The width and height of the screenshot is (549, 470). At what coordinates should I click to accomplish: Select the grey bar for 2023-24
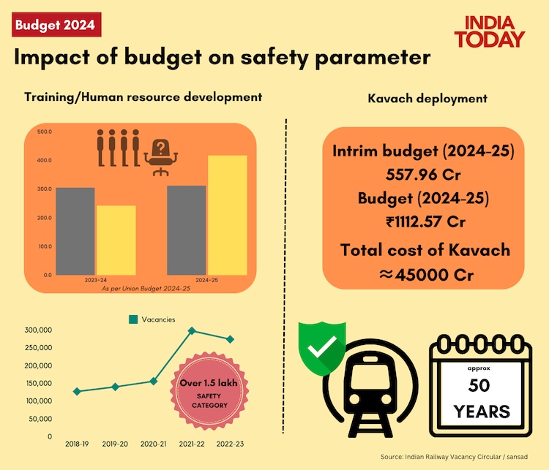pyautogui.click(x=75, y=230)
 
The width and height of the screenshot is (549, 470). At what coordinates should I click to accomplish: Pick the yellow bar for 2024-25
pyautogui.click(x=228, y=215)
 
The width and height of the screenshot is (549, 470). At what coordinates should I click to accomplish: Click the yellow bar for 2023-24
pyautogui.click(x=116, y=240)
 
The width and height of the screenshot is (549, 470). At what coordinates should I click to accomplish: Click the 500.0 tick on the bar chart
pyautogui.click(x=44, y=132)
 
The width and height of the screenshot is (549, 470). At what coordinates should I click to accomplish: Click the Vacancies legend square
pyautogui.click(x=133, y=319)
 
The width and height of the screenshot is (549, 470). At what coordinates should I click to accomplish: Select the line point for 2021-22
pyautogui.click(x=192, y=330)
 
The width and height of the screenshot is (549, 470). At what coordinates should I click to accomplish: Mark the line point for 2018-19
pyautogui.click(x=78, y=391)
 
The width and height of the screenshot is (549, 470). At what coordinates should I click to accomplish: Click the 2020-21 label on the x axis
pyautogui.click(x=153, y=443)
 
